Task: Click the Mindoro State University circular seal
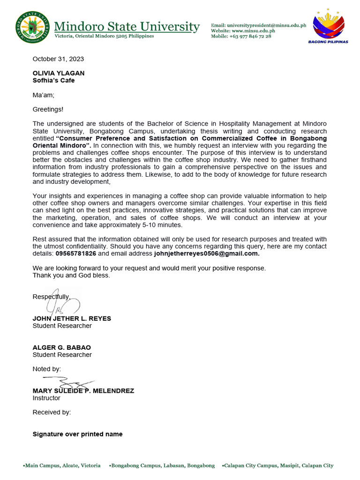[x=32, y=27]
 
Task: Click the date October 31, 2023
[x=58, y=59]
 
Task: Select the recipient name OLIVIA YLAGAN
[x=59, y=73]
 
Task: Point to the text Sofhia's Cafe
[x=53, y=80]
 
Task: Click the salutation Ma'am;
[x=44, y=95]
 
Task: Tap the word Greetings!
[x=48, y=109]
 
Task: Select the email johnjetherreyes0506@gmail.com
[x=206, y=254]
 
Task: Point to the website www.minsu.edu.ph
[x=251, y=31]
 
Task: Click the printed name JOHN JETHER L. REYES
[x=72, y=318]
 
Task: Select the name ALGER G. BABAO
[x=62, y=347]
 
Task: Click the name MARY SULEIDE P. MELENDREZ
[x=83, y=390]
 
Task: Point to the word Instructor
[x=46, y=398]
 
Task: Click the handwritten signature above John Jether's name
[x=63, y=305]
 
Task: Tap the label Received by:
[x=52, y=412]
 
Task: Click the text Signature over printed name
[x=77, y=434]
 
